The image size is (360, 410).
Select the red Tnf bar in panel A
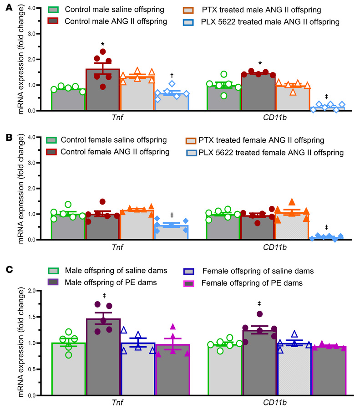pyautogui.click(x=103, y=91)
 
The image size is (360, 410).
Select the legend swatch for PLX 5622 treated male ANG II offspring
pyautogui.click(x=190, y=21)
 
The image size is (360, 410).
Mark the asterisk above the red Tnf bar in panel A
pyautogui.click(x=103, y=45)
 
